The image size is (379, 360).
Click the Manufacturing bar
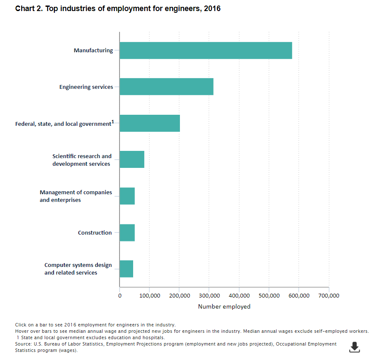[205, 50]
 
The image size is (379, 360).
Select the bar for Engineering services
[166, 87]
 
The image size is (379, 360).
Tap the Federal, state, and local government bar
[150, 123]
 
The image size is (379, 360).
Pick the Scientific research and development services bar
[132, 159]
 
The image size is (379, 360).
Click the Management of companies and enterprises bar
[127, 196]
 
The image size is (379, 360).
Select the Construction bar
[127, 232]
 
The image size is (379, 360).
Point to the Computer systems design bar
[126, 269]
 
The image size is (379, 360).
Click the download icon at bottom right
[354, 347]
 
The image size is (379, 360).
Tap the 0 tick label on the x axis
[120, 295]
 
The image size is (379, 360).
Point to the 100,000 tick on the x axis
[149, 295]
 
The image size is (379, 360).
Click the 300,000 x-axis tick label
[209, 295]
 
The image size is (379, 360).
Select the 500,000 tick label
[269, 295]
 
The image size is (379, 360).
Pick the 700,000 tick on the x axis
[328, 295]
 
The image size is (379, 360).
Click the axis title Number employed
[224, 306]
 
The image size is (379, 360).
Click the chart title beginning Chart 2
[118, 9]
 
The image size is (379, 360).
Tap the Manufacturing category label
[93, 50]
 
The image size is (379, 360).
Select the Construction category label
[95, 232]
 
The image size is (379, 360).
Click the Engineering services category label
[86, 87]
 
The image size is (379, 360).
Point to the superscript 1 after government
[113, 122]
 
